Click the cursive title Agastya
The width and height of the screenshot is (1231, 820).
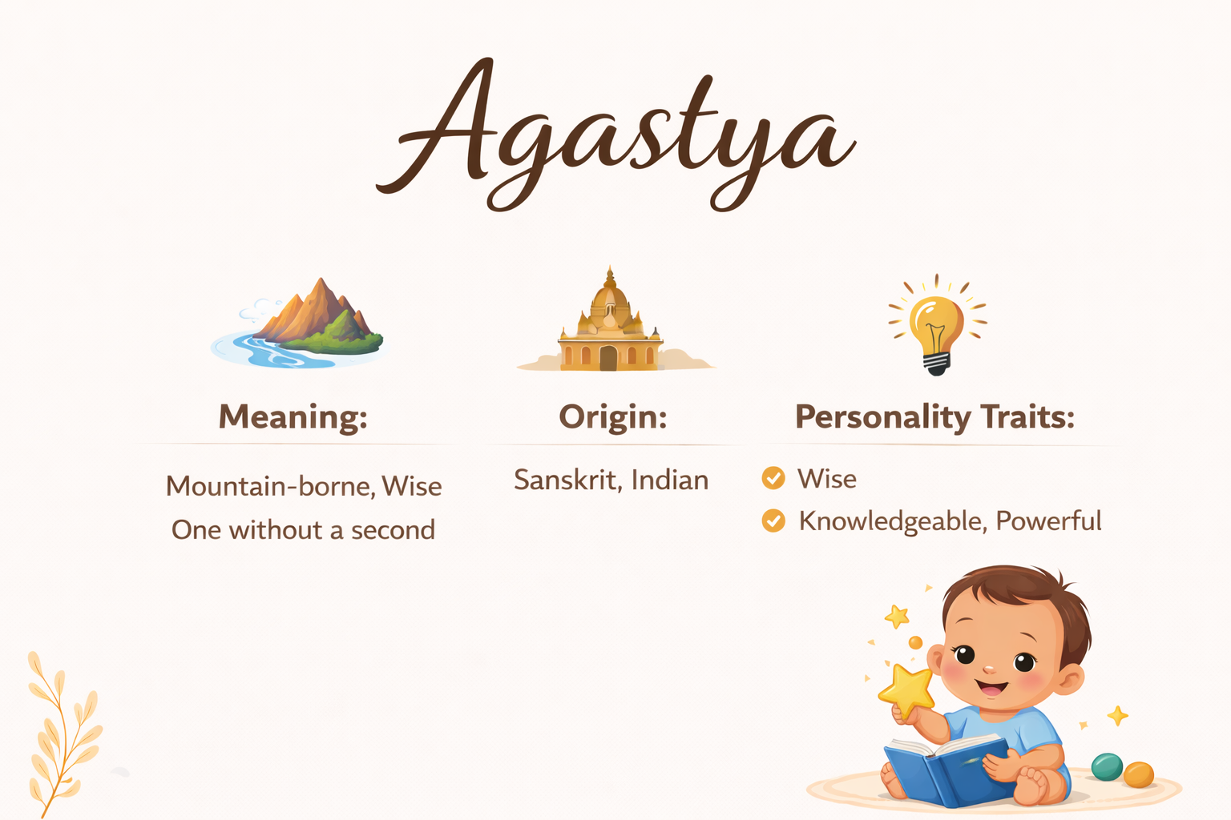click(615, 135)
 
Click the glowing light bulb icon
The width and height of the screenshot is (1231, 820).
click(937, 325)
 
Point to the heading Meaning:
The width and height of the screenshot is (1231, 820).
click(293, 417)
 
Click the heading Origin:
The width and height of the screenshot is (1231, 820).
click(613, 417)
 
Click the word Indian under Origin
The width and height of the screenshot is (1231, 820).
click(670, 480)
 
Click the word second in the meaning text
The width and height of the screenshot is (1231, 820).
click(393, 530)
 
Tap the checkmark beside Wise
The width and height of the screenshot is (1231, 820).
click(773, 478)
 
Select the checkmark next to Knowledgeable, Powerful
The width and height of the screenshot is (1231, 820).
click(773, 521)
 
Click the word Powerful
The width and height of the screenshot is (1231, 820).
click(1048, 521)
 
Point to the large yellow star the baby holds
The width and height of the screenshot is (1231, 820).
click(906, 691)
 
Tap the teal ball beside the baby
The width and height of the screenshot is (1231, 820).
click(1107, 766)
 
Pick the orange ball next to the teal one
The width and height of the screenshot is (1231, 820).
click(1139, 774)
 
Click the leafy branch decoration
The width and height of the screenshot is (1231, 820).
click(64, 734)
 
